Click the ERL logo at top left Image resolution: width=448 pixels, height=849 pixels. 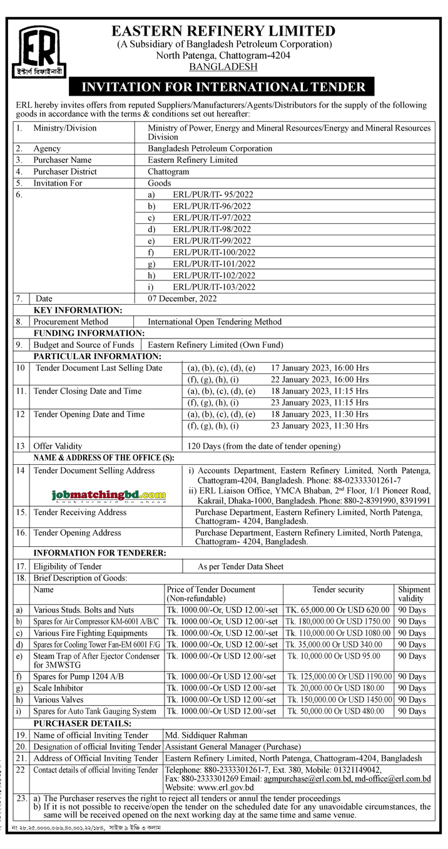pos(40,51)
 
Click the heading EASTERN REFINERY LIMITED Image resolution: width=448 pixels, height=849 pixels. pos(223,31)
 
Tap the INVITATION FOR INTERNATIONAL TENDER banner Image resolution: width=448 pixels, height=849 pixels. pos(223,87)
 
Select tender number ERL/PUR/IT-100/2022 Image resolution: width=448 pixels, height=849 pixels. pos(214,252)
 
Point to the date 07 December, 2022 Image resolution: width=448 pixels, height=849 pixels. pos(182,298)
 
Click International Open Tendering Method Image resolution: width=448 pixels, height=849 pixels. pos(215,322)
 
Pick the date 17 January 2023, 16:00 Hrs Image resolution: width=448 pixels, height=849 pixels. pos(320,368)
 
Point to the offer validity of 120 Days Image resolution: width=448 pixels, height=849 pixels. pos(263,446)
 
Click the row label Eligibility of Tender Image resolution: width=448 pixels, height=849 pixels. pos(68,566)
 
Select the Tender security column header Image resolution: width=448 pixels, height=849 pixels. pos(338,589)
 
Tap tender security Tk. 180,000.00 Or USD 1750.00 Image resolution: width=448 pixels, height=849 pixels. pos(338,621)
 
